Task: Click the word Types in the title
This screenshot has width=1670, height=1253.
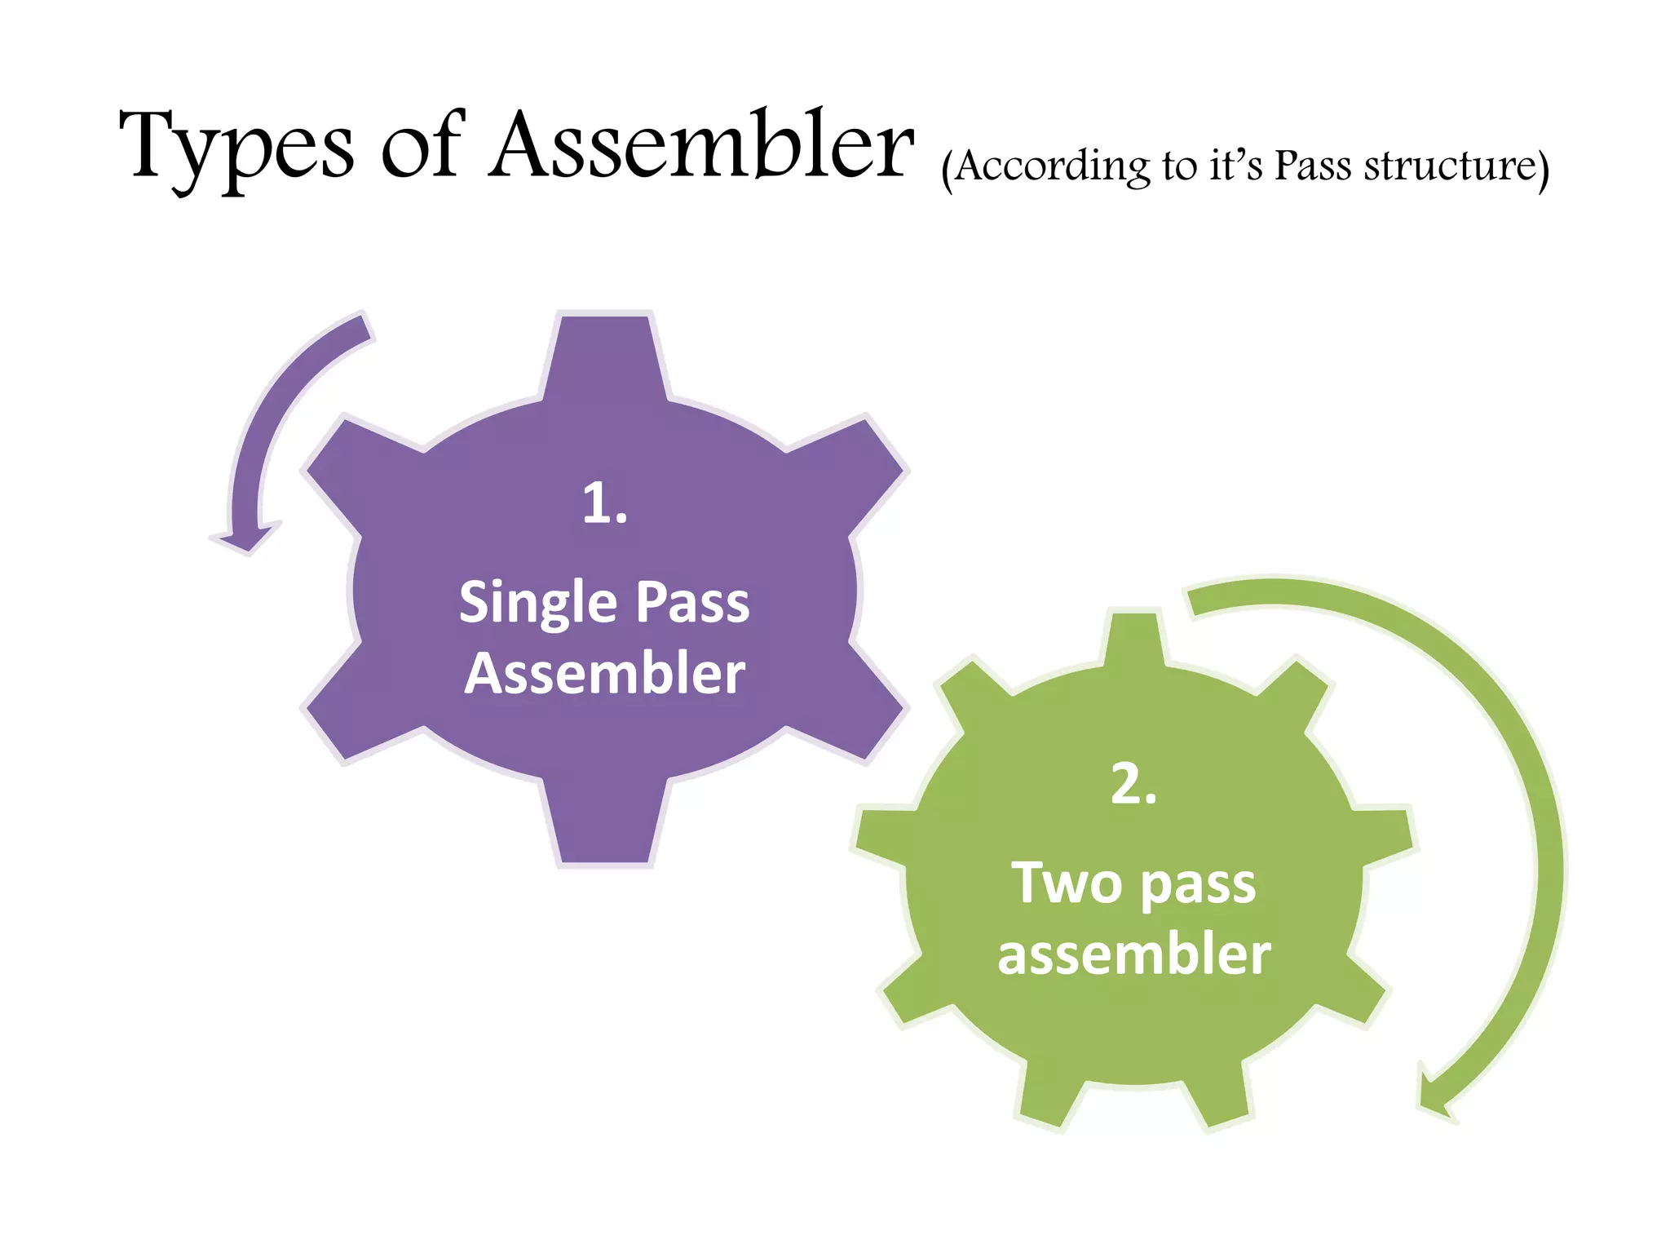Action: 236,147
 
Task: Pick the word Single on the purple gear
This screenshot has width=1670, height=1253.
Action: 537,604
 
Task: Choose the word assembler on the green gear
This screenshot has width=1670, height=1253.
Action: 1133,954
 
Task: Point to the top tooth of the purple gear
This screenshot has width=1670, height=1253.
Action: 605,351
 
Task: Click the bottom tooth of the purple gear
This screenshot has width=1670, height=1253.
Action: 605,824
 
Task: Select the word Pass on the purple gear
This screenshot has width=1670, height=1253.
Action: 692,604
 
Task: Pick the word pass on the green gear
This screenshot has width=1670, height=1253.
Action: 1198,884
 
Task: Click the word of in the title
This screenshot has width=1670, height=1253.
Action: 422,147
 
